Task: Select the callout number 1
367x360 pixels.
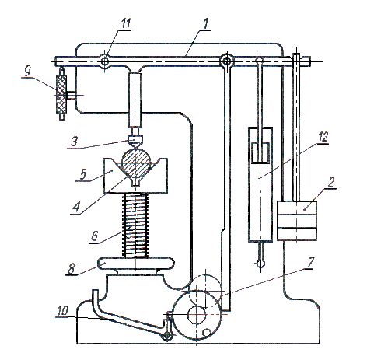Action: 205,23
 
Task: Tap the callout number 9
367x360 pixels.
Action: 27,71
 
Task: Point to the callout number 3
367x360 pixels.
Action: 75,142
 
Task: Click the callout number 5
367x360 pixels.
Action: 82,174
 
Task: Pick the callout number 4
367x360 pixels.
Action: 76,208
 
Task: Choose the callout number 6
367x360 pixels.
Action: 94,236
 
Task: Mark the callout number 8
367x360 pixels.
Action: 72,269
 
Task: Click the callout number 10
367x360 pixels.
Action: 62,311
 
